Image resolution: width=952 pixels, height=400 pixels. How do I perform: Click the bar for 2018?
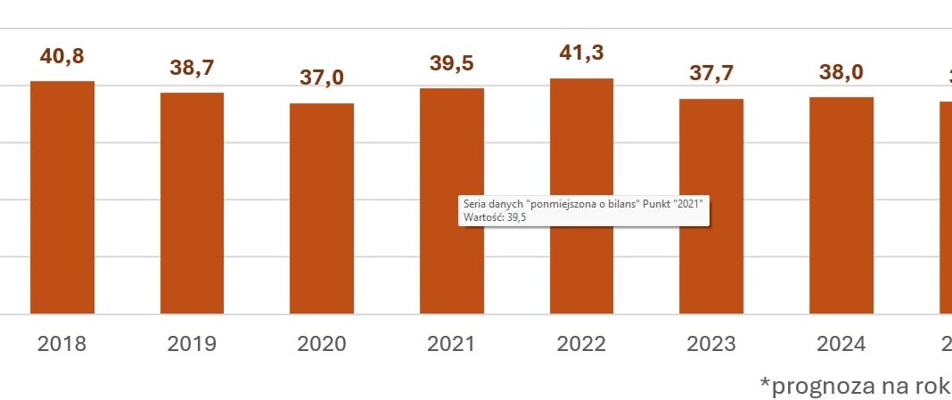point(62,198)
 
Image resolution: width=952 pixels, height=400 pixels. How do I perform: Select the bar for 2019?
point(193,203)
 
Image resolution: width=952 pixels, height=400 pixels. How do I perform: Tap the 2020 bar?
point(322,208)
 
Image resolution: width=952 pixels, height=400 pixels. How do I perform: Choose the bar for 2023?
point(711,207)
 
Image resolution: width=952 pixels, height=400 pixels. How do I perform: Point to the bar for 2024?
point(841,205)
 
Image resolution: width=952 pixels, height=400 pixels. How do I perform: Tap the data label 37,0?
point(322,78)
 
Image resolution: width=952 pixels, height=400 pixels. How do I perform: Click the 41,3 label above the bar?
point(581,53)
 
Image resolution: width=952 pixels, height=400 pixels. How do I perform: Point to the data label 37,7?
point(711,73)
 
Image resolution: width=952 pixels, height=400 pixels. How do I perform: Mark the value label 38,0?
point(841,72)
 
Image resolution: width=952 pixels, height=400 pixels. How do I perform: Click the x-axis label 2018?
point(62,344)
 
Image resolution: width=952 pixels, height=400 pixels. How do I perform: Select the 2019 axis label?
point(193,344)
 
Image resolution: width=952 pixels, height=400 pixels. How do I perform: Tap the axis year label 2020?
point(322,344)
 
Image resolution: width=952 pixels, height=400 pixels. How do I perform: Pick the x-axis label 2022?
point(581,344)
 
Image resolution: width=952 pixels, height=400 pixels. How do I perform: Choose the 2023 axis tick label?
point(711,344)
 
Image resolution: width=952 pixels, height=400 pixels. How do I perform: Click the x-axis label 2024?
point(841,344)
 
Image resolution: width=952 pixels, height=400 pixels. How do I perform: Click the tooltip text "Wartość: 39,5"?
point(495,216)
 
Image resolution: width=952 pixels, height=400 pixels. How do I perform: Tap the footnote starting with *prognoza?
point(854,385)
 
